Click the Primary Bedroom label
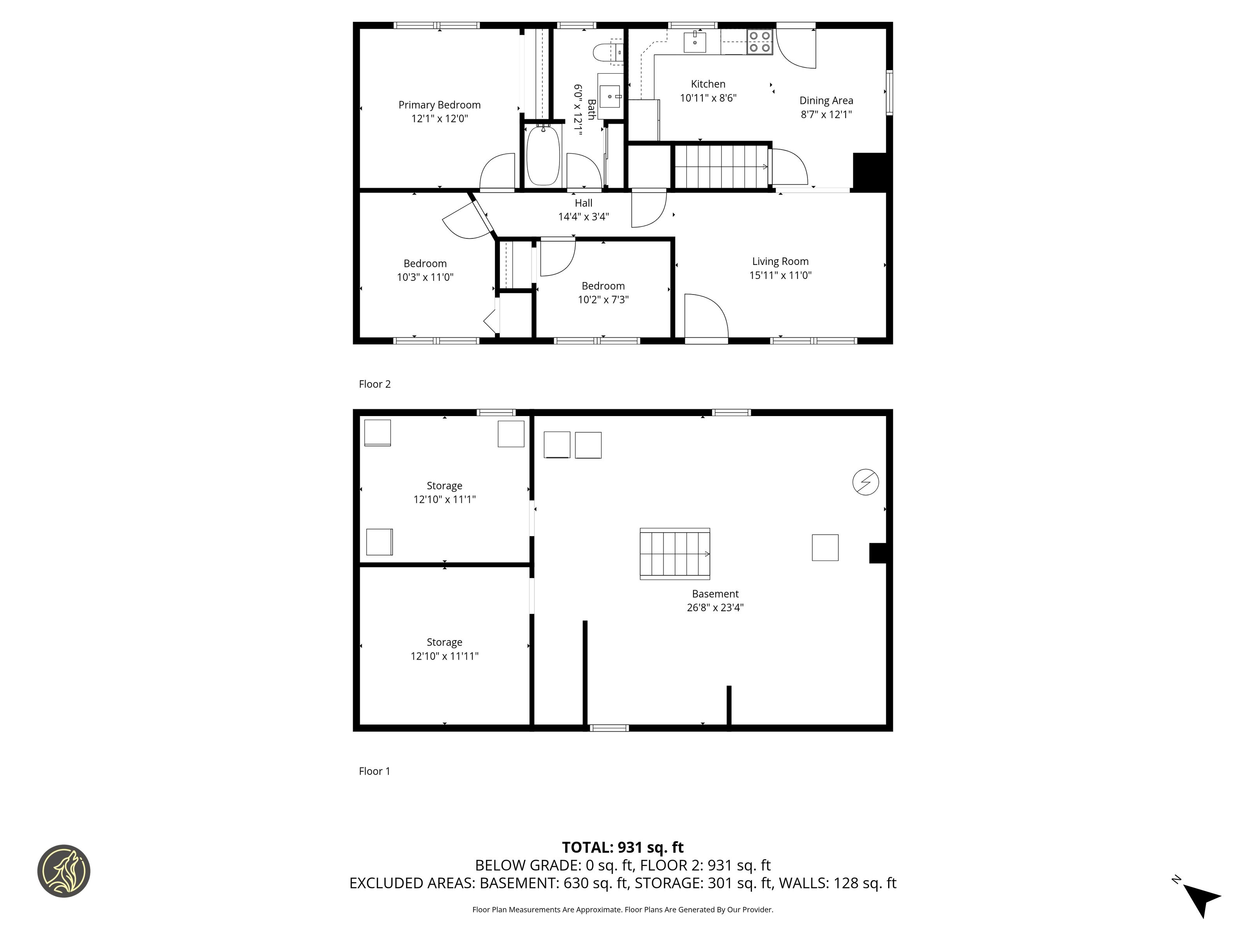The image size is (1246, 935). point(439,105)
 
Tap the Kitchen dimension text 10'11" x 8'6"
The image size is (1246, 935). point(708,98)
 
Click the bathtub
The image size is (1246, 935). point(543,155)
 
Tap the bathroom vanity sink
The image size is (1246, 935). point(610,96)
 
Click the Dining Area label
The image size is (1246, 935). point(826,101)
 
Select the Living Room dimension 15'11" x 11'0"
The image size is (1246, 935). point(780,275)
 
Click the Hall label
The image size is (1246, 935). point(584,203)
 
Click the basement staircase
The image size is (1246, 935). point(675,554)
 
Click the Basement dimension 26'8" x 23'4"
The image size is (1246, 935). point(715,607)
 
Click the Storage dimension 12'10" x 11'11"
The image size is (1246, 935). point(444,656)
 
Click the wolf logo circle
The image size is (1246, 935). point(63,871)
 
